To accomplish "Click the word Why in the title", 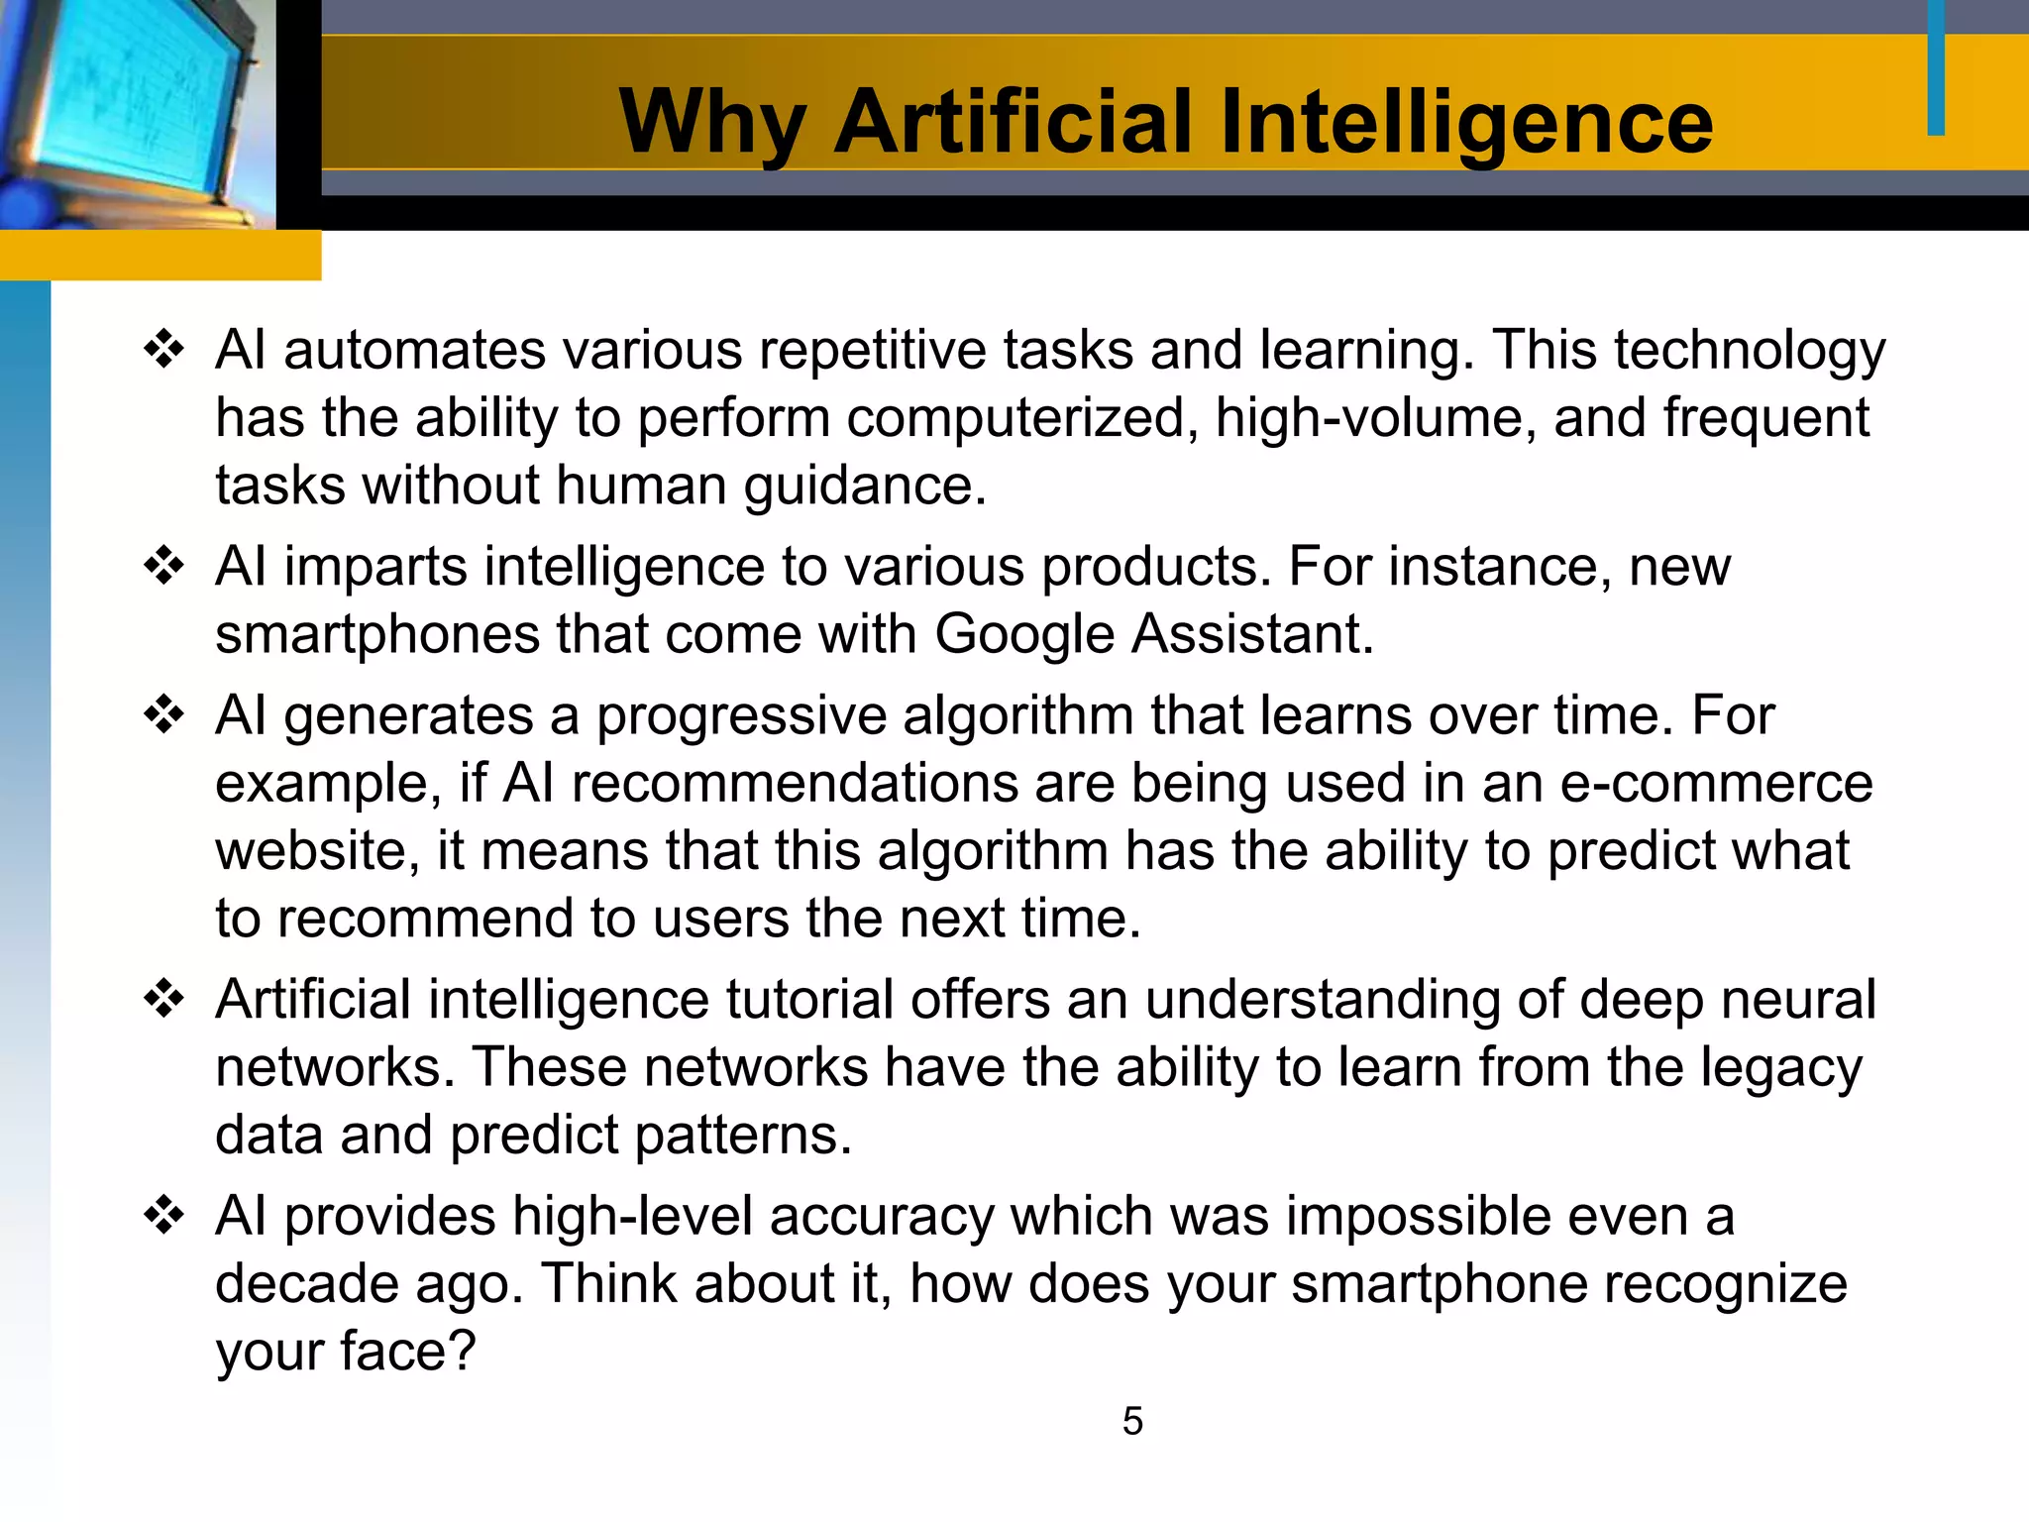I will (711, 123).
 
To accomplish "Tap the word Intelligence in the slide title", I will (1466, 123).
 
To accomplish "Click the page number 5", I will (1132, 1421).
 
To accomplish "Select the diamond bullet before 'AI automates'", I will (164, 350).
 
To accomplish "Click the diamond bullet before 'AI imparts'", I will (164, 566).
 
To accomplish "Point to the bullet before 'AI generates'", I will (164, 714).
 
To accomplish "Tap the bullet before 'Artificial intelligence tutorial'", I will (164, 998).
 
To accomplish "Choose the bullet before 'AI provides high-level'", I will (164, 1215).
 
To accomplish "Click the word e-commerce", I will (1717, 783).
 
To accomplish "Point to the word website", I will (318, 850).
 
